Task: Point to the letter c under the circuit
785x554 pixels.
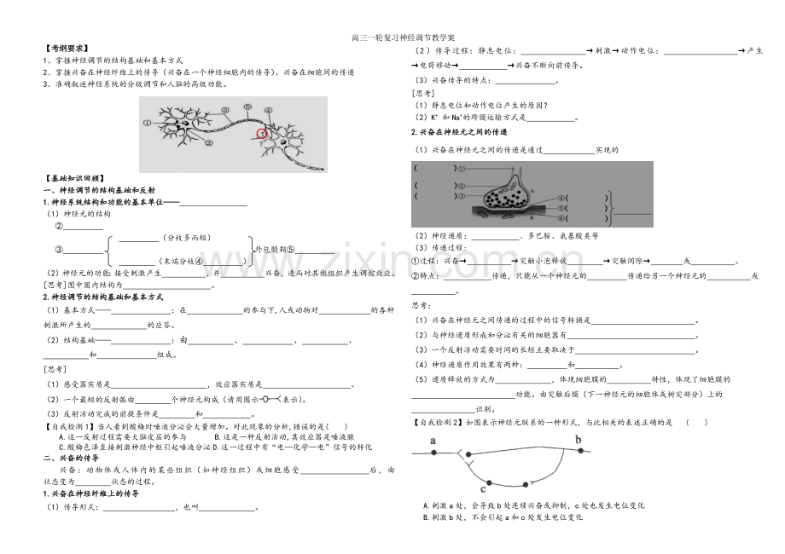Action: click(x=483, y=489)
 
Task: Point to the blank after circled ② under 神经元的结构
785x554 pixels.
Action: click(x=84, y=227)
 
